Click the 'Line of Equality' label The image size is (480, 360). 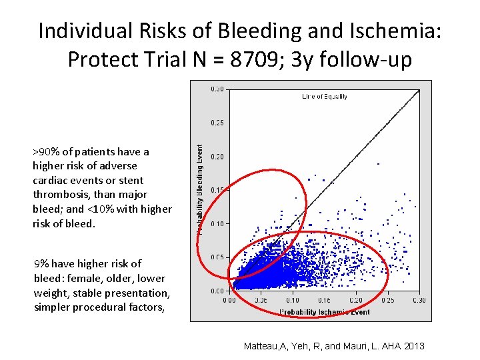324,97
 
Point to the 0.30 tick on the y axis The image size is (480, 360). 217,89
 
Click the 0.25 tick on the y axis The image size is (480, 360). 217,123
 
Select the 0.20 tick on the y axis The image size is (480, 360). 217,157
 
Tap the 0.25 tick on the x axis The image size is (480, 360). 387,301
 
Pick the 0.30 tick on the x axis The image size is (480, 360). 419,301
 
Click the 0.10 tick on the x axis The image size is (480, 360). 293,301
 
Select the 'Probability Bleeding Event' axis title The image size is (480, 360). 199,189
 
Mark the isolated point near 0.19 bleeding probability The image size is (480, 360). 378,163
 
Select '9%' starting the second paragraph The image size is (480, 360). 41,263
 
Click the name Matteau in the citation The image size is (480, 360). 263,346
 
